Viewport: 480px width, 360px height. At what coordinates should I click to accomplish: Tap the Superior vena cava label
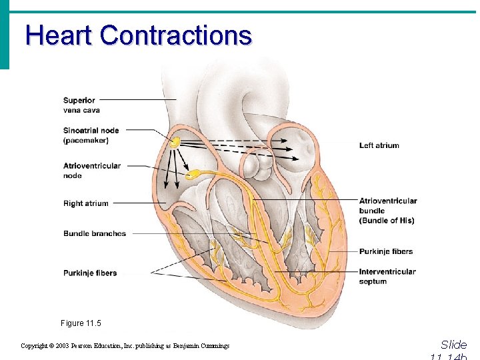click(81, 105)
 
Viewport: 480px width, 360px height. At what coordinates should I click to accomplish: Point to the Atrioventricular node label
click(92, 171)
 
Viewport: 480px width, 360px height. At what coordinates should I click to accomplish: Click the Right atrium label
click(85, 203)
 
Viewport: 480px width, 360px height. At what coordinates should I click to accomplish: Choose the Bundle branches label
click(95, 233)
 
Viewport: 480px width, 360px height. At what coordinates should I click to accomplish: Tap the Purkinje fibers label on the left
click(90, 273)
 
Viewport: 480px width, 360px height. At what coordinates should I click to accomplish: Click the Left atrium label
click(379, 145)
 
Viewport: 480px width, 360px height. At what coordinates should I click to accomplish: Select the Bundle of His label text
click(387, 221)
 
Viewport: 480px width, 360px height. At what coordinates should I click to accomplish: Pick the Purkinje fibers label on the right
click(386, 251)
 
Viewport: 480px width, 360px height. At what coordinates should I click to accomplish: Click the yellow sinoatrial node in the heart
click(174, 142)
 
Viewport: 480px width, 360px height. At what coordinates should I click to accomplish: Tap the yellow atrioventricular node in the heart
click(192, 175)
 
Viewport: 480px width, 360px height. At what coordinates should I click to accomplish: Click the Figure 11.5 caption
click(81, 323)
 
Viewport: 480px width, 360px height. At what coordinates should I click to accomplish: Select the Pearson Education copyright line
click(125, 346)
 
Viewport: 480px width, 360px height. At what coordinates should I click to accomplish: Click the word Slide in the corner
click(453, 345)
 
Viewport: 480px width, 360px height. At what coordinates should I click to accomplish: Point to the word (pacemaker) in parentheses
click(86, 141)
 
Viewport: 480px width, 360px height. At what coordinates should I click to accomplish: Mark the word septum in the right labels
click(373, 281)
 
